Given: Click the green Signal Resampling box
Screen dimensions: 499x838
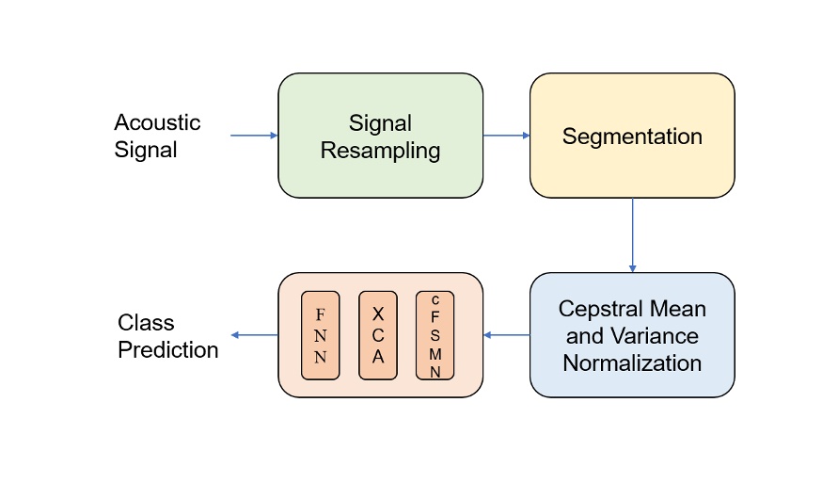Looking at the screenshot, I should click(x=380, y=136).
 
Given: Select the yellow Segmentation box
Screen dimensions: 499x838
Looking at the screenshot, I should click(x=632, y=136).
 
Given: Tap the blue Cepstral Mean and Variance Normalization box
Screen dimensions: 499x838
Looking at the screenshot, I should click(x=632, y=335).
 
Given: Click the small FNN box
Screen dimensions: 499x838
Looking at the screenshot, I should click(x=320, y=335).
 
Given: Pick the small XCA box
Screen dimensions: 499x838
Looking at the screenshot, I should click(x=378, y=335).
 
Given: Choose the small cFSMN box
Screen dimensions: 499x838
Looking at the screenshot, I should click(x=435, y=335).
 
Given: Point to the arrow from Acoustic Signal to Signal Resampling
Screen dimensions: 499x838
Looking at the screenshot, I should click(x=254, y=136).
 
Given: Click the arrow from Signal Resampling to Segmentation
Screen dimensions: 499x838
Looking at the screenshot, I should click(x=507, y=136).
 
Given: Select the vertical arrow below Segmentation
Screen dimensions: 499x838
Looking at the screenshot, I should click(x=632, y=235).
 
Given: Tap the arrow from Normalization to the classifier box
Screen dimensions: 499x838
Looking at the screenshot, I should click(x=507, y=335).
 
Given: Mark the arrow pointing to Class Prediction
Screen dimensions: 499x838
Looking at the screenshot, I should click(x=254, y=335).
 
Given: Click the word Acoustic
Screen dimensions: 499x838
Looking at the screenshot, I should click(x=157, y=122).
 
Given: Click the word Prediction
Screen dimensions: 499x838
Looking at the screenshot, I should click(x=168, y=350).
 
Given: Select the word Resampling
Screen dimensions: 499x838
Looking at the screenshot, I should click(x=380, y=150).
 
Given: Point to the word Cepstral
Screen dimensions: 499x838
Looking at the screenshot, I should click(x=600, y=309).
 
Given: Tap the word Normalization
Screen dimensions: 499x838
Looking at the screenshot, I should click(x=632, y=362).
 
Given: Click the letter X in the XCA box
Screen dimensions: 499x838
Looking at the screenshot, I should click(x=378, y=314).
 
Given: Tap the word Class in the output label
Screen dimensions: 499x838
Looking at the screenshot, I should click(x=146, y=324).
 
